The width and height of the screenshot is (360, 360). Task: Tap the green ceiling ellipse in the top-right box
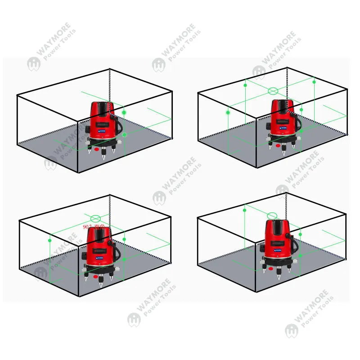(x=273, y=91)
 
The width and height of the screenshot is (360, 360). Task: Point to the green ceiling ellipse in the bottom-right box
(x=272, y=216)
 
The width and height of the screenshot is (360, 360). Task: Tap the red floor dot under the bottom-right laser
(x=271, y=269)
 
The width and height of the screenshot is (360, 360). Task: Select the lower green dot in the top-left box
(x=125, y=134)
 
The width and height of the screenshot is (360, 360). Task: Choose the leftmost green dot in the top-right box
(x=228, y=112)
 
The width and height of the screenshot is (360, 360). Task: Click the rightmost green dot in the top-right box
(x=314, y=82)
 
